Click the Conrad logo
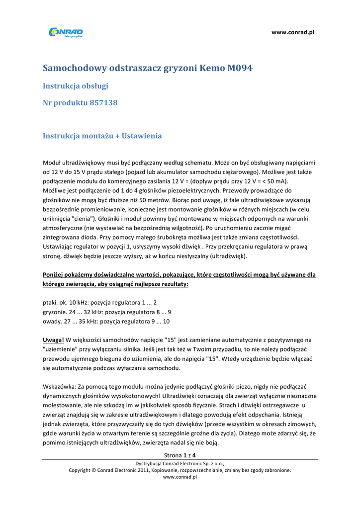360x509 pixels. click(x=65, y=32)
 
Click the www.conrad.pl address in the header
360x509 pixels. click(x=293, y=32)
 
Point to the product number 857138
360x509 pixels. click(x=103, y=103)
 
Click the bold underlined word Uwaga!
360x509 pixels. click(x=53, y=340)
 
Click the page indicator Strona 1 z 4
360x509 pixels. click(x=180, y=455)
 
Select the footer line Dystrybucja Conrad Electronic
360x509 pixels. click(x=180, y=463)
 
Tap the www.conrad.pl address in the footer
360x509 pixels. click(x=180, y=477)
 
